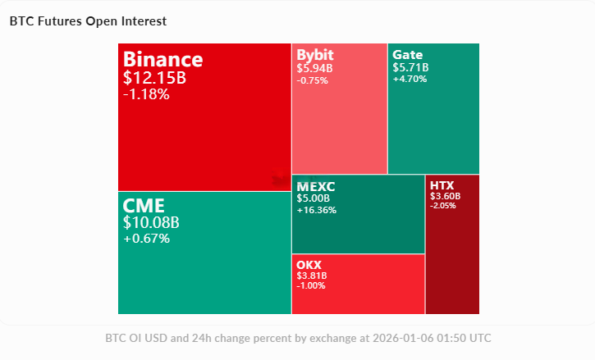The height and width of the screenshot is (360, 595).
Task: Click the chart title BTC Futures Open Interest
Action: click(x=88, y=21)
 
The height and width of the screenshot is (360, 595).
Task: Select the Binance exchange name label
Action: click(x=162, y=60)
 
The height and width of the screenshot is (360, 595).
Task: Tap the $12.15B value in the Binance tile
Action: click(x=155, y=78)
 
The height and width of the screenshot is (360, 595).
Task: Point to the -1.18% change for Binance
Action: click(x=146, y=94)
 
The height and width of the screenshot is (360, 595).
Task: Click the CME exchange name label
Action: click(x=144, y=205)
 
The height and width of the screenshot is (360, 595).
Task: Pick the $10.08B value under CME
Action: click(x=151, y=222)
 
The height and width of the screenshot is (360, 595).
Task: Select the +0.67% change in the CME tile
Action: click(x=146, y=239)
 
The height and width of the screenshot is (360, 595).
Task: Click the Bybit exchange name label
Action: click(x=315, y=55)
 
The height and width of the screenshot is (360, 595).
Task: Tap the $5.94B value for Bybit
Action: click(x=314, y=68)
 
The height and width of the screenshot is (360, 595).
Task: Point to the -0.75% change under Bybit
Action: click(x=312, y=80)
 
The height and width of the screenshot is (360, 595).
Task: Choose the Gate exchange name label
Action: click(x=408, y=55)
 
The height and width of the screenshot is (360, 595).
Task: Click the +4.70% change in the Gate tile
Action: click(x=410, y=80)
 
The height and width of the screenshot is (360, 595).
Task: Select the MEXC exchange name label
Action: click(x=316, y=186)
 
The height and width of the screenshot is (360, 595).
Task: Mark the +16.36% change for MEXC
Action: click(x=316, y=210)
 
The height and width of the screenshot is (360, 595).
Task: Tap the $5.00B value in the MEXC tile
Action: click(x=313, y=198)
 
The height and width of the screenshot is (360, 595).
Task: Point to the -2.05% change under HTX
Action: click(x=443, y=205)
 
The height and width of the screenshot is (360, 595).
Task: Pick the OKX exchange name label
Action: click(x=309, y=265)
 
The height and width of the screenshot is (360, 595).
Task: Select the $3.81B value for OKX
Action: click(x=311, y=276)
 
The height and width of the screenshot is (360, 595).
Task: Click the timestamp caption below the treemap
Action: click(x=298, y=338)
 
